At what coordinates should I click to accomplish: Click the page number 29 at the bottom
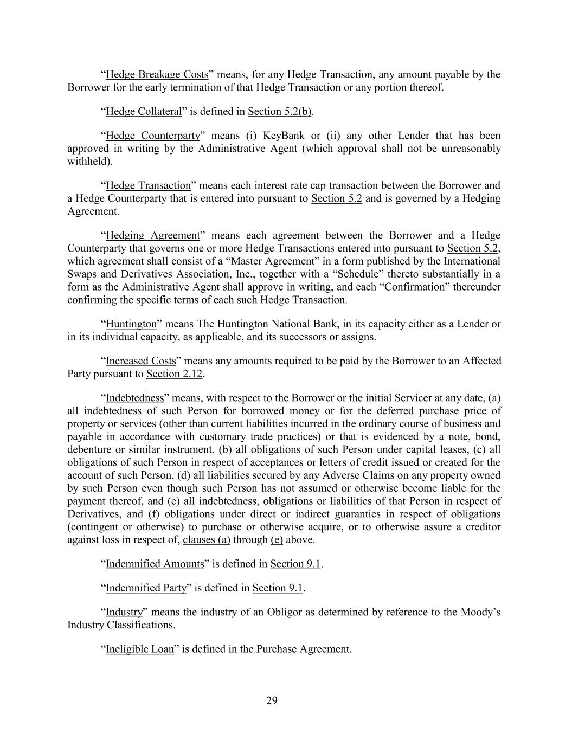pyautogui.click(x=272, y=700)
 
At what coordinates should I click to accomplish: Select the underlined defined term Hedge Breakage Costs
pyautogui.click(x=157, y=74)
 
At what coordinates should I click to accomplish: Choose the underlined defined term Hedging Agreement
pyautogui.click(x=153, y=235)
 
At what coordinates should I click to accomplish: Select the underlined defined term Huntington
pyautogui.click(x=131, y=324)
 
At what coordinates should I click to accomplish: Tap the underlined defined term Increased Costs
pyautogui.click(x=141, y=361)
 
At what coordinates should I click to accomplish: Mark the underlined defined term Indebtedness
pyautogui.click(x=134, y=398)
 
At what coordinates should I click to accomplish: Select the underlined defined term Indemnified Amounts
pyautogui.click(x=155, y=564)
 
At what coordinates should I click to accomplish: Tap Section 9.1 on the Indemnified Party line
pyautogui.click(x=277, y=588)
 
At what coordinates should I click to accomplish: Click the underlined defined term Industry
pyautogui.click(x=124, y=612)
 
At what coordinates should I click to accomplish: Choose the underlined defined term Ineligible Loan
pyautogui.click(x=140, y=649)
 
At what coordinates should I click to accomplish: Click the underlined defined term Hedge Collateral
pyautogui.click(x=144, y=112)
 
